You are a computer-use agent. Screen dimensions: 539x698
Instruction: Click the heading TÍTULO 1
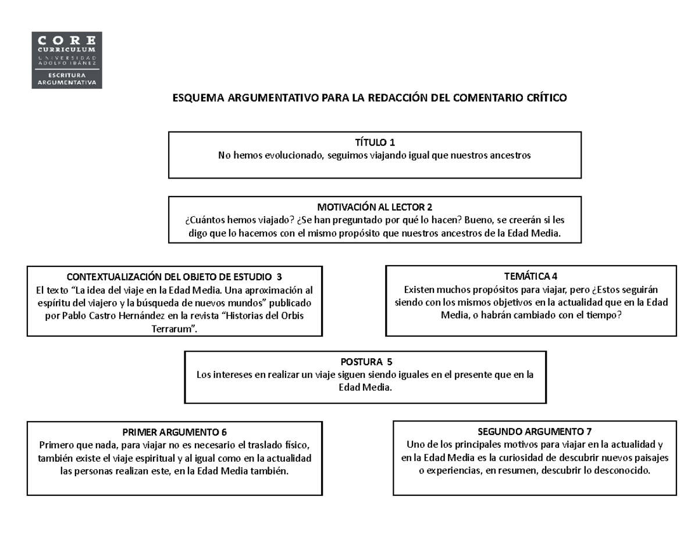pyautogui.click(x=375, y=142)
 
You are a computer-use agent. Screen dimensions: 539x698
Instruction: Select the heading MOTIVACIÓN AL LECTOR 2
pyautogui.click(x=375, y=207)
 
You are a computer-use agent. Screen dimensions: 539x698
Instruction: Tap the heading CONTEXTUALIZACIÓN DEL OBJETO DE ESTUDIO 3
pyautogui.click(x=174, y=277)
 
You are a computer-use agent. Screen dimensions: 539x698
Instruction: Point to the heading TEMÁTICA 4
pyautogui.click(x=531, y=276)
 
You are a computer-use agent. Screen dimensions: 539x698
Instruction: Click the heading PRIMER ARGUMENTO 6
pyautogui.click(x=174, y=432)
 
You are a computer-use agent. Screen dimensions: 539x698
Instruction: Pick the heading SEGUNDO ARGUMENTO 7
pyautogui.click(x=535, y=431)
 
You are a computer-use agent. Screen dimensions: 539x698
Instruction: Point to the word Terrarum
pyautogui.click(x=174, y=329)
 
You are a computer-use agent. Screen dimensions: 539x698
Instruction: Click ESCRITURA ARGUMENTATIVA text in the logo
pyautogui.click(x=66, y=79)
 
